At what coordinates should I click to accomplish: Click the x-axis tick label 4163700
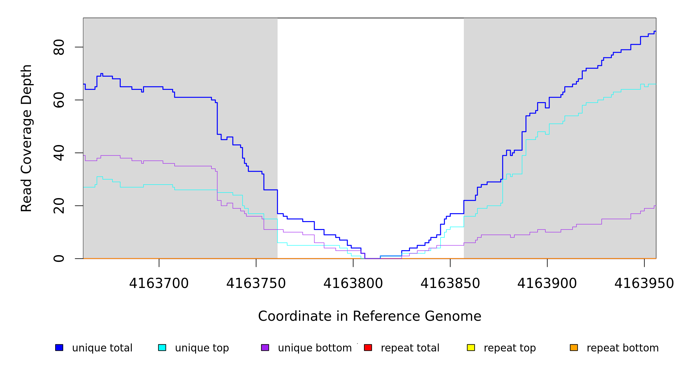[x=159, y=283]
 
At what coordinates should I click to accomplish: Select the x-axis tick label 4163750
[x=256, y=283]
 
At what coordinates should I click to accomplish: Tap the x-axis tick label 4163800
[x=353, y=283]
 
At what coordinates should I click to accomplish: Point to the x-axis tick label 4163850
[x=450, y=283]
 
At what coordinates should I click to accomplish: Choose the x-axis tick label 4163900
[x=547, y=283]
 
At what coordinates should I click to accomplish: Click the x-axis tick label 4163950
[x=644, y=283]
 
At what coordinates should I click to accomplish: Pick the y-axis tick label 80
[x=59, y=47]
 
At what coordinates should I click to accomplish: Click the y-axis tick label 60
[x=59, y=100]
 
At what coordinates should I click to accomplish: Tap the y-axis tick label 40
[x=59, y=153]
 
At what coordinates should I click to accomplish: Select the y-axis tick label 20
[x=59, y=206]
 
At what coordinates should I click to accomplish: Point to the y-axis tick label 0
[x=59, y=259]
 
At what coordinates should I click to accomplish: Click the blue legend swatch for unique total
[x=59, y=347]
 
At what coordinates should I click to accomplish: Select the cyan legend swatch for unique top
[x=162, y=347]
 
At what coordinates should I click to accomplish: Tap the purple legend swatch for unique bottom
[x=265, y=347]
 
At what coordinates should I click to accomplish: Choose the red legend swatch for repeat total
[x=368, y=347]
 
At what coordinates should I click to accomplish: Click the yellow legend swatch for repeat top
[x=471, y=347]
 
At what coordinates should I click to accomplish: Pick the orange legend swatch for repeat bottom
[x=574, y=347]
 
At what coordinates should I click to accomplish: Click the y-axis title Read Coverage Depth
[x=26, y=138]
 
